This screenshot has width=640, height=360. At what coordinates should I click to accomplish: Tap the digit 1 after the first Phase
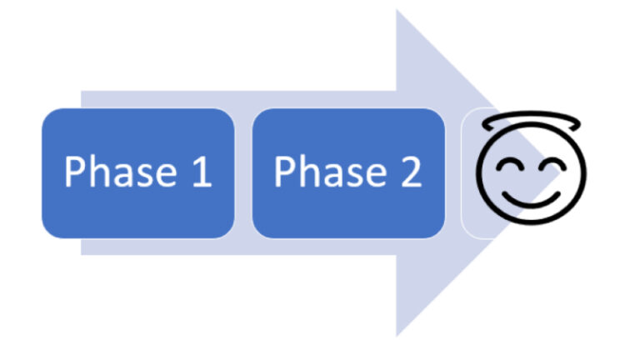click(x=200, y=172)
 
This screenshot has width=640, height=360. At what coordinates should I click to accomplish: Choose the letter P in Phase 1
click(x=76, y=172)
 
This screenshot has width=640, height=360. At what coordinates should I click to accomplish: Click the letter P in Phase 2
click(x=286, y=172)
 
